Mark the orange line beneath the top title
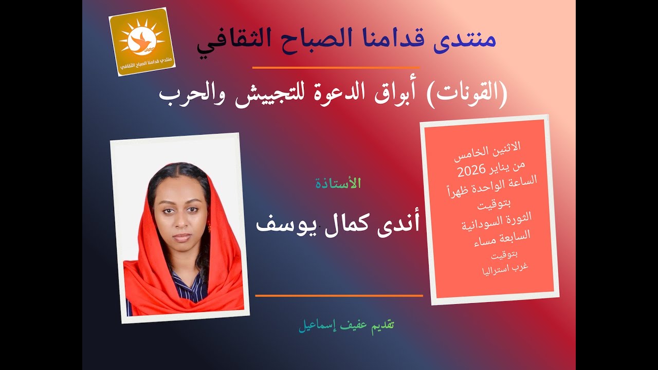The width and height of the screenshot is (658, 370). (x=336, y=68)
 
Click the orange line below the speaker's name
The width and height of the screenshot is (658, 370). (x=339, y=295)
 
